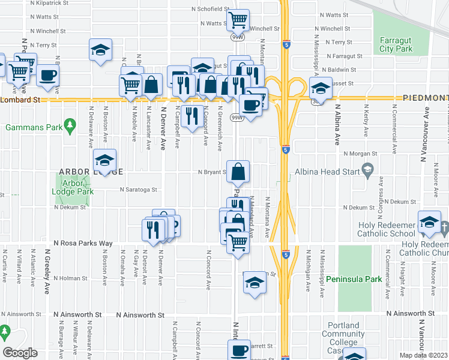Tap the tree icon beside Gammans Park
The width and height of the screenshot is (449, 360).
[x=70, y=124]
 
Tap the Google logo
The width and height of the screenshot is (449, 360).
[x=20, y=353]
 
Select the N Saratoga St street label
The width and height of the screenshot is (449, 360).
[x=138, y=189]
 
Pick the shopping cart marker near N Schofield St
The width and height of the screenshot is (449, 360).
[x=239, y=20]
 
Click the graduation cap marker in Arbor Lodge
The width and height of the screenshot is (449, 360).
[x=105, y=161]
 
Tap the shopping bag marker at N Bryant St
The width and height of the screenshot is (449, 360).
[x=238, y=171]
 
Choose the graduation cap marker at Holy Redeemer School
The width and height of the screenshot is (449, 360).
[x=429, y=223]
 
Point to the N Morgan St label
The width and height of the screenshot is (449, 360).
[x=359, y=153]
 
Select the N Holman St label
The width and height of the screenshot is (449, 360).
[x=71, y=278]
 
